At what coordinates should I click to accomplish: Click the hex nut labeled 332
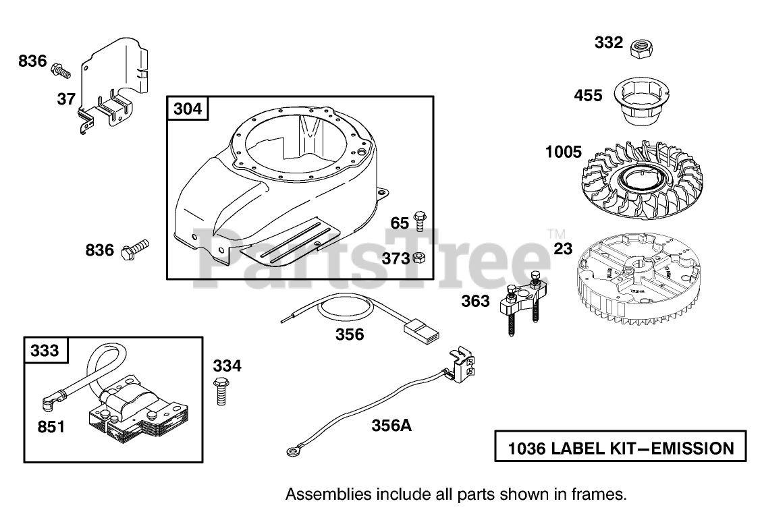(x=639, y=48)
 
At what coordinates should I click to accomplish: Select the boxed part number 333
(x=44, y=350)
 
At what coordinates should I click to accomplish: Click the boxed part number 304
(x=188, y=109)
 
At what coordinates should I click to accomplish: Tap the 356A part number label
(x=391, y=426)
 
